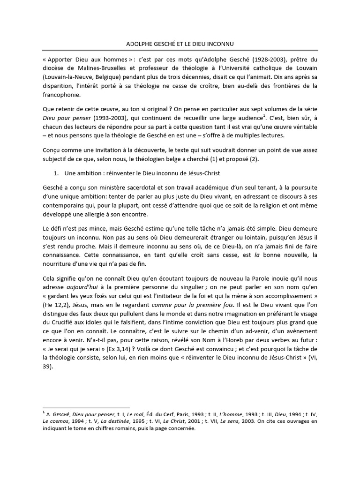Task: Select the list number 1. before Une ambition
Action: (56, 173)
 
